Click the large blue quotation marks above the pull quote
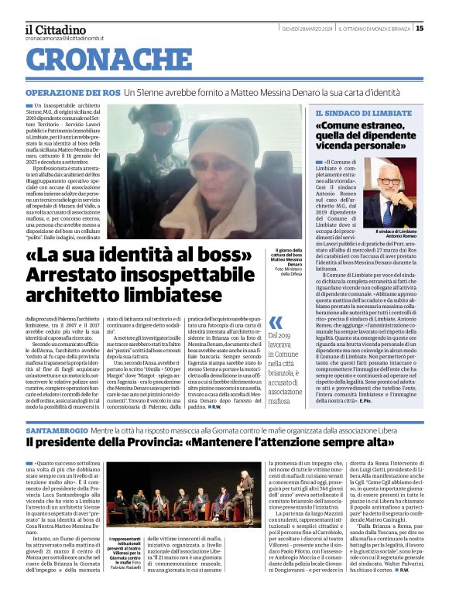coord(276,321)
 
